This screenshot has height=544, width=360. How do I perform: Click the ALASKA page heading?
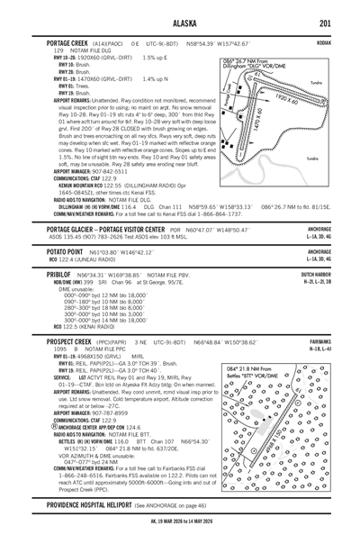coord(180,23)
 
